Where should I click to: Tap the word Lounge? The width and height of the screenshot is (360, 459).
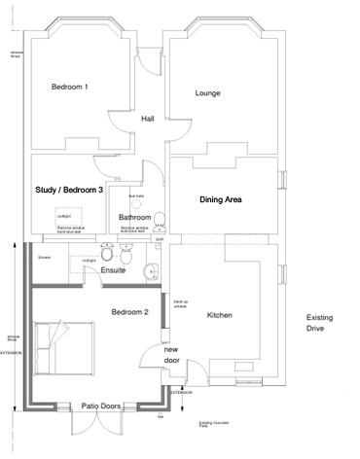coord(207,94)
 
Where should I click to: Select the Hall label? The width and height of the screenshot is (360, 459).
coord(148,119)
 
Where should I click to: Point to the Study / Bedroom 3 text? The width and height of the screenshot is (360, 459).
coord(68,190)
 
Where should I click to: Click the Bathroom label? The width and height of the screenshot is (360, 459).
coord(134,217)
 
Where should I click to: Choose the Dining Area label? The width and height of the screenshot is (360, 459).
coord(220,199)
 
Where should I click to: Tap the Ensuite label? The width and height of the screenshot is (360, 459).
coord(114,270)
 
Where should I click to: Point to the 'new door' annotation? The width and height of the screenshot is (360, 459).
coord(171,355)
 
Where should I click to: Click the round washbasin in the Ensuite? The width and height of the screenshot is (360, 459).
coord(149,270)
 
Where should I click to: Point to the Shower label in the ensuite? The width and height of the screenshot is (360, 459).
coord(44,258)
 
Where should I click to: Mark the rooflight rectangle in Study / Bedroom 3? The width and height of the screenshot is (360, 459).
coord(64,215)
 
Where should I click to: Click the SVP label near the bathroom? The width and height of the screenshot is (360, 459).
coord(161,237)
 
